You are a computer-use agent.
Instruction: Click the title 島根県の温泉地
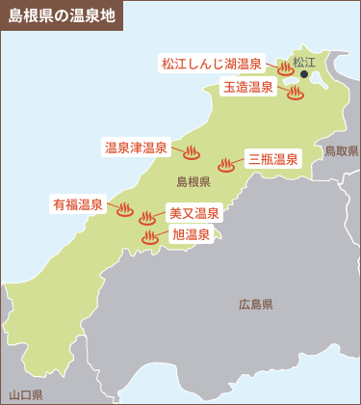60,15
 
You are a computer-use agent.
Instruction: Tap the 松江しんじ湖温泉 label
211,65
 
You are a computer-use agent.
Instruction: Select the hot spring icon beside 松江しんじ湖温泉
286,68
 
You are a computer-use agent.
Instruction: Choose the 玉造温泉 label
248,88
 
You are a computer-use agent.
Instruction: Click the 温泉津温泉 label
136,148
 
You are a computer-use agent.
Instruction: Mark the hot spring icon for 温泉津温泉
191,152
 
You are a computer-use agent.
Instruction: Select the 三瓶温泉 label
272,159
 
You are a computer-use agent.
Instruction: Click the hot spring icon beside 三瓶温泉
226,165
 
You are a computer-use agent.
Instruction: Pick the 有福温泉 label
78,204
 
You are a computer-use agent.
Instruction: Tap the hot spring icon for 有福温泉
125,209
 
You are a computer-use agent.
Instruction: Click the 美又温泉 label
194,214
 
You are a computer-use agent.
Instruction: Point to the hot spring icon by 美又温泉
147,219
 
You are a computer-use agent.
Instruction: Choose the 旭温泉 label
191,234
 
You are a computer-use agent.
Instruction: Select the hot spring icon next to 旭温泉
150,237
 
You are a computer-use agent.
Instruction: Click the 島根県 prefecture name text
193,182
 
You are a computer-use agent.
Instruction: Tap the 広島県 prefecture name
256,305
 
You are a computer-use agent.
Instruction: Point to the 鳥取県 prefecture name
342,151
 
